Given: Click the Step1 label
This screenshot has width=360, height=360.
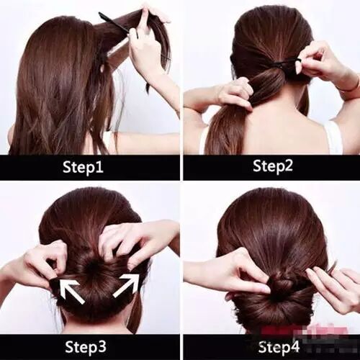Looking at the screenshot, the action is (83, 167).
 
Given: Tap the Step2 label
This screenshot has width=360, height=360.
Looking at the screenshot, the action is (273, 166).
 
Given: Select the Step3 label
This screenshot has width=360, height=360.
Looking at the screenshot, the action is (86, 347).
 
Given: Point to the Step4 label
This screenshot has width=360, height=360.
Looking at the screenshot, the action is (279, 347).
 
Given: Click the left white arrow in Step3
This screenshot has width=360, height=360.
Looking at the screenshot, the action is (72, 290).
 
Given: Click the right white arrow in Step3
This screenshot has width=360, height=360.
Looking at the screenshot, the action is (127, 286).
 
